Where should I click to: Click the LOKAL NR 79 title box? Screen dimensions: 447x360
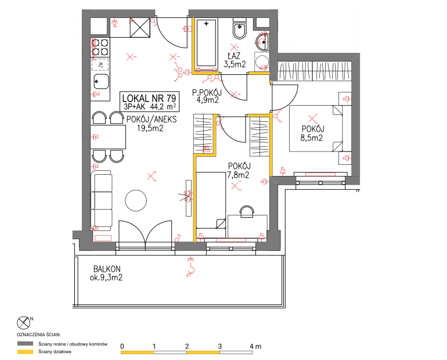[149, 102]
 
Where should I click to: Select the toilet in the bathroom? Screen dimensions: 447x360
[239, 29]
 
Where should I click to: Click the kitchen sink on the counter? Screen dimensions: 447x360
[101, 82]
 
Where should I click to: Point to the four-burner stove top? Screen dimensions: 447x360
[100, 47]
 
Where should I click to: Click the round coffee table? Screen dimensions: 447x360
[136, 201]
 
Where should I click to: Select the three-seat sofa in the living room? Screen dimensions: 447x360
[101, 201]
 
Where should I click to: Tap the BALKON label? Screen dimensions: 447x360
[107, 269]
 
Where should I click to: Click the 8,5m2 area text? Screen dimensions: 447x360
[312, 138]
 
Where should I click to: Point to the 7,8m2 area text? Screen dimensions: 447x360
[238, 175]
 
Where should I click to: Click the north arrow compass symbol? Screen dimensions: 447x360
[24, 323]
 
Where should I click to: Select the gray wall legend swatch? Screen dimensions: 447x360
[25, 344]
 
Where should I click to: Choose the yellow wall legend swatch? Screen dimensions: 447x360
[25, 352]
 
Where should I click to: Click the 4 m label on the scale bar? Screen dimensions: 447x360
[255, 346]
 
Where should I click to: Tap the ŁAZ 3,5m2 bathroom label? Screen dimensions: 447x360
[235, 60]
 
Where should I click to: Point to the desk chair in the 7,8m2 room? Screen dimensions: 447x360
[247, 211]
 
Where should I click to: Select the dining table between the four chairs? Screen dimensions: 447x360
[108, 137]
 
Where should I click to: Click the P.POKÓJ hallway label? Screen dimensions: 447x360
[207, 92]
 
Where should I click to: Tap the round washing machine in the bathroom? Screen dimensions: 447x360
[262, 62]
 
